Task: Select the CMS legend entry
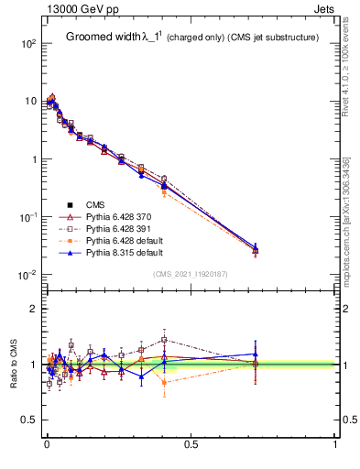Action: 98,204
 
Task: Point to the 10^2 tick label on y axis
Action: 27,44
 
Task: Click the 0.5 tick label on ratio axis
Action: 28,420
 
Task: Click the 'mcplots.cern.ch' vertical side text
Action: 351,229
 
